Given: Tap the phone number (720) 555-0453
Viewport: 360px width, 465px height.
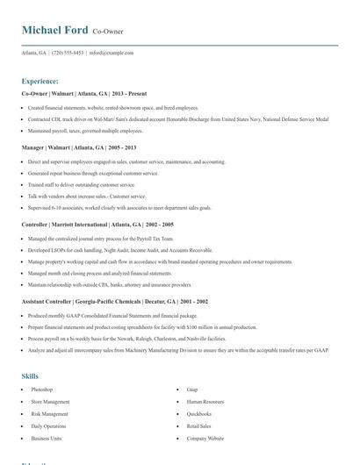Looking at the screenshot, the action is coord(68,53).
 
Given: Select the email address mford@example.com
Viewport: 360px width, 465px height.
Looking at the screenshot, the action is coord(112,53).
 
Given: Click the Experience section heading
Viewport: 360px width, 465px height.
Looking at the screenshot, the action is coord(40,81).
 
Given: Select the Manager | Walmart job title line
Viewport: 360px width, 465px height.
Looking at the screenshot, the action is coord(78,147).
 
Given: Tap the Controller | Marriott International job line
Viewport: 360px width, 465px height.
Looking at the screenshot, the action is coord(97,225).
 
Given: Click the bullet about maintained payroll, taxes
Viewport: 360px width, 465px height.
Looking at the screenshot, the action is coord(79,131).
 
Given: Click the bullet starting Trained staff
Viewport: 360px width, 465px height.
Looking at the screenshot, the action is coord(82,185).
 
